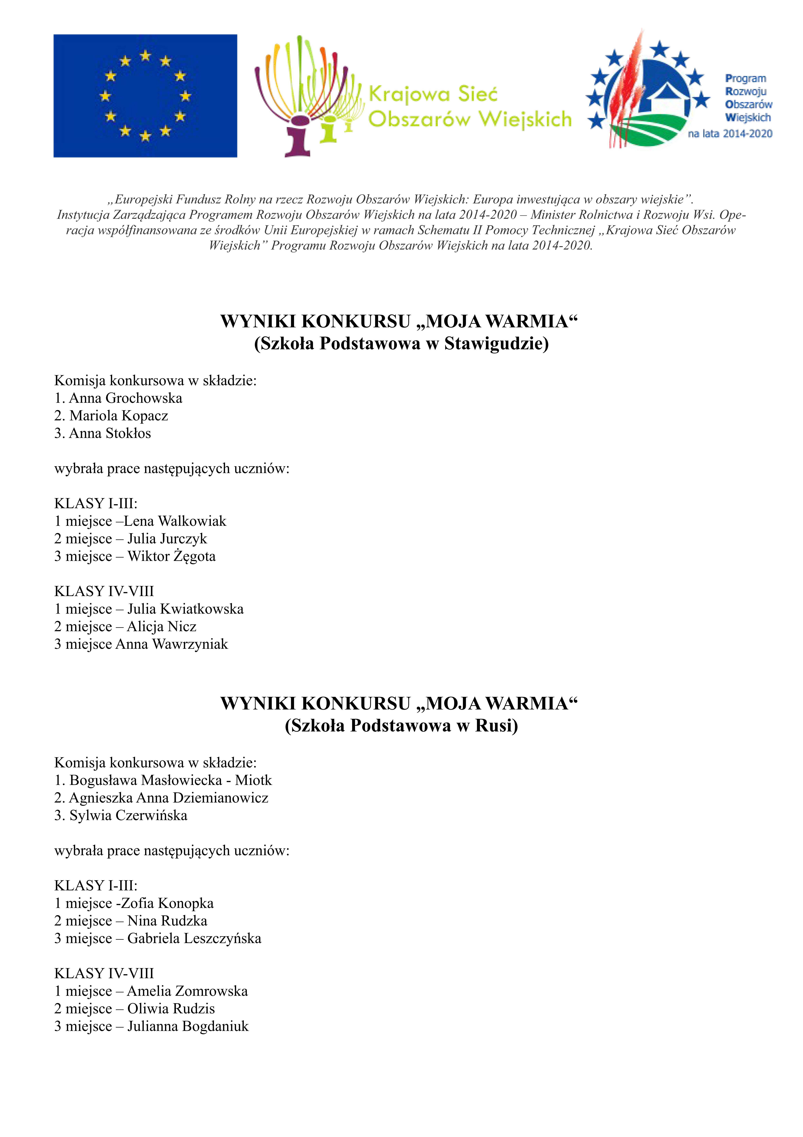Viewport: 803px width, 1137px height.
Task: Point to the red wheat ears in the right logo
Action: [x=627, y=89]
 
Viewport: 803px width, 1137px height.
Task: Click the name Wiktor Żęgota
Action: [x=172, y=557]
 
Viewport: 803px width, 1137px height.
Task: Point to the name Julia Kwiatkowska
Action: [x=186, y=609]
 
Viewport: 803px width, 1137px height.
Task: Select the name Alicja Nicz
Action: [x=162, y=627]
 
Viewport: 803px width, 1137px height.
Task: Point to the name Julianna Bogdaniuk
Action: [x=188, y=1027]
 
